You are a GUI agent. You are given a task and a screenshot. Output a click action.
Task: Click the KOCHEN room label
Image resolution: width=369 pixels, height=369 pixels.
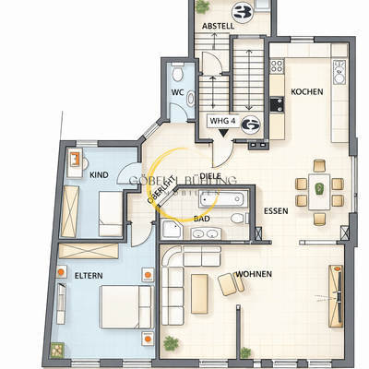[x=305, y=92]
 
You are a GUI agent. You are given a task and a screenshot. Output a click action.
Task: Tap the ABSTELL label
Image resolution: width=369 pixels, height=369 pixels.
[x=218, y=27]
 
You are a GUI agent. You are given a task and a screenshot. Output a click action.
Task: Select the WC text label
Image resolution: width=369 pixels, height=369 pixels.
[x=179, y=92]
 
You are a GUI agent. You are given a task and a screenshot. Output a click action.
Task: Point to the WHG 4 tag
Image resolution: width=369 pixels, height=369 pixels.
[x=220, y=120]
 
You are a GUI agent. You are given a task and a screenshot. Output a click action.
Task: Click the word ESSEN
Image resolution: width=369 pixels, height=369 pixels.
[x=275, y=211]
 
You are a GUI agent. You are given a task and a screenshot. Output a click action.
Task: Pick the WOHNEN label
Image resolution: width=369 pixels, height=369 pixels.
[x=253, y=275]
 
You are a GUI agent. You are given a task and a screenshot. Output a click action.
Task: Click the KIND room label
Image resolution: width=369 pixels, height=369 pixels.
[x=100, y=173]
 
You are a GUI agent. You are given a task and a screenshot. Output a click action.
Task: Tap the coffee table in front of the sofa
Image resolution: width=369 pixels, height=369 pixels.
[x=227, y=284]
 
